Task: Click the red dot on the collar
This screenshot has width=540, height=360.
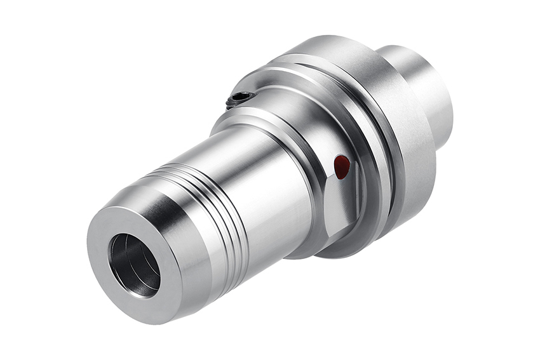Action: pyautogui.click(x=342, y=167)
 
